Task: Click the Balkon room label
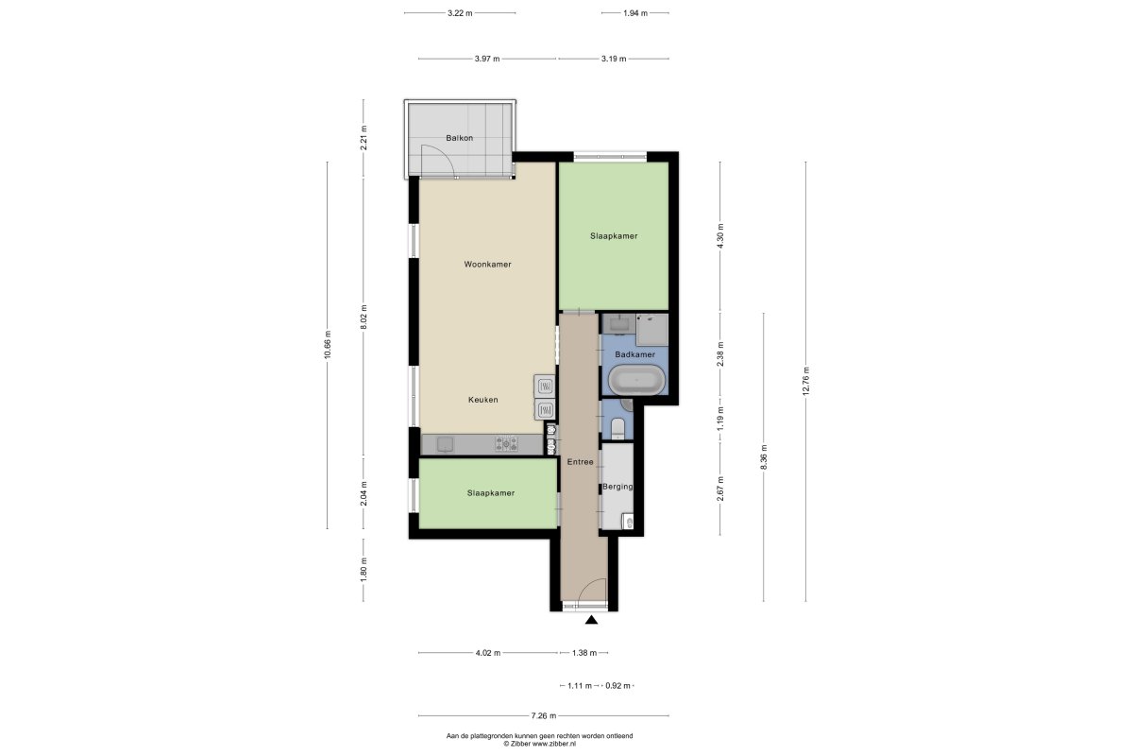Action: tap(459, 138)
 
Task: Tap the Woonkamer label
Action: tap(487, 265)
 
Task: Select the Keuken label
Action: tap(483, 400)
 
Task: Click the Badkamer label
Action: tap(634, 354)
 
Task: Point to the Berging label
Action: tap(617, 487)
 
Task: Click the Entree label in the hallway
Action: tap(580, 462)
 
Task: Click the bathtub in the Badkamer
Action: tap(636, 380)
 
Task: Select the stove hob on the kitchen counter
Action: tap(506, 444)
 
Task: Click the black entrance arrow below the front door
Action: tap(591, 620)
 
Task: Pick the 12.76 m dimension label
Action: tap(806, 381)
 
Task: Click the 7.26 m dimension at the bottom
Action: tap(544, 715)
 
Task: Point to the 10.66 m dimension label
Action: tap(328, 345)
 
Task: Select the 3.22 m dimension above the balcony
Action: tap(460, 13)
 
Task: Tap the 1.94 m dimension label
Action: tap(635, 13)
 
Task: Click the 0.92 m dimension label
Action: tap(618, 686)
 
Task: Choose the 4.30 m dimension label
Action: tap(720, 235)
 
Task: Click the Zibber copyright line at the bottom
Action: tap(539, 744)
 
